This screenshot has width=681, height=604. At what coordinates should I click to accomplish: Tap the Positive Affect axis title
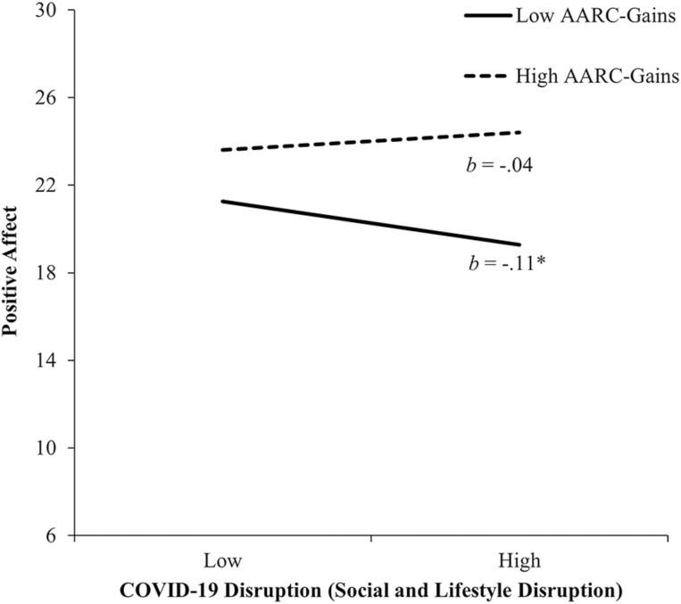[x=12, y=272]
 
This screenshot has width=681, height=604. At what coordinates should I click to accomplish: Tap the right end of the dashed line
[x=520, y=132]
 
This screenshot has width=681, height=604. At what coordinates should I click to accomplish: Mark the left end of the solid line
[x=222, y=201]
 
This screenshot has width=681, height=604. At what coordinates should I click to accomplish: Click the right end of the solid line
[x=520, y=244]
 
